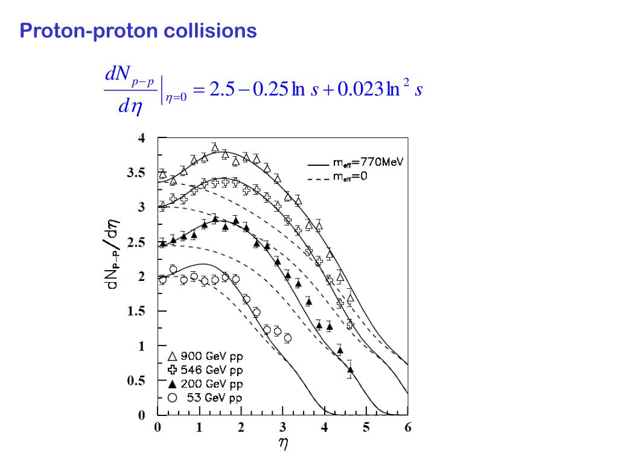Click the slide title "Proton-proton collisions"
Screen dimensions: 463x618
(138, 31)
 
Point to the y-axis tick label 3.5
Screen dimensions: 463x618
(135, 173)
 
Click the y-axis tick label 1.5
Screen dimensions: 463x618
(135, 312)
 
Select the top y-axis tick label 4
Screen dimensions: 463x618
(142, 138)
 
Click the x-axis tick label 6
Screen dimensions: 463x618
(407, 428)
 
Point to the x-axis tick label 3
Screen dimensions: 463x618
(282, 428)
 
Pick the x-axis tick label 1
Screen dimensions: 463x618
(199, 428)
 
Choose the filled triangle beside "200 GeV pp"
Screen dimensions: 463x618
(173, 383)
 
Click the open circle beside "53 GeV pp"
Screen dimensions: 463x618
(173, 397)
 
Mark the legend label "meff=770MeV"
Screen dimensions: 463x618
(368, 162)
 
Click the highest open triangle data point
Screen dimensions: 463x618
(215, 147)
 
